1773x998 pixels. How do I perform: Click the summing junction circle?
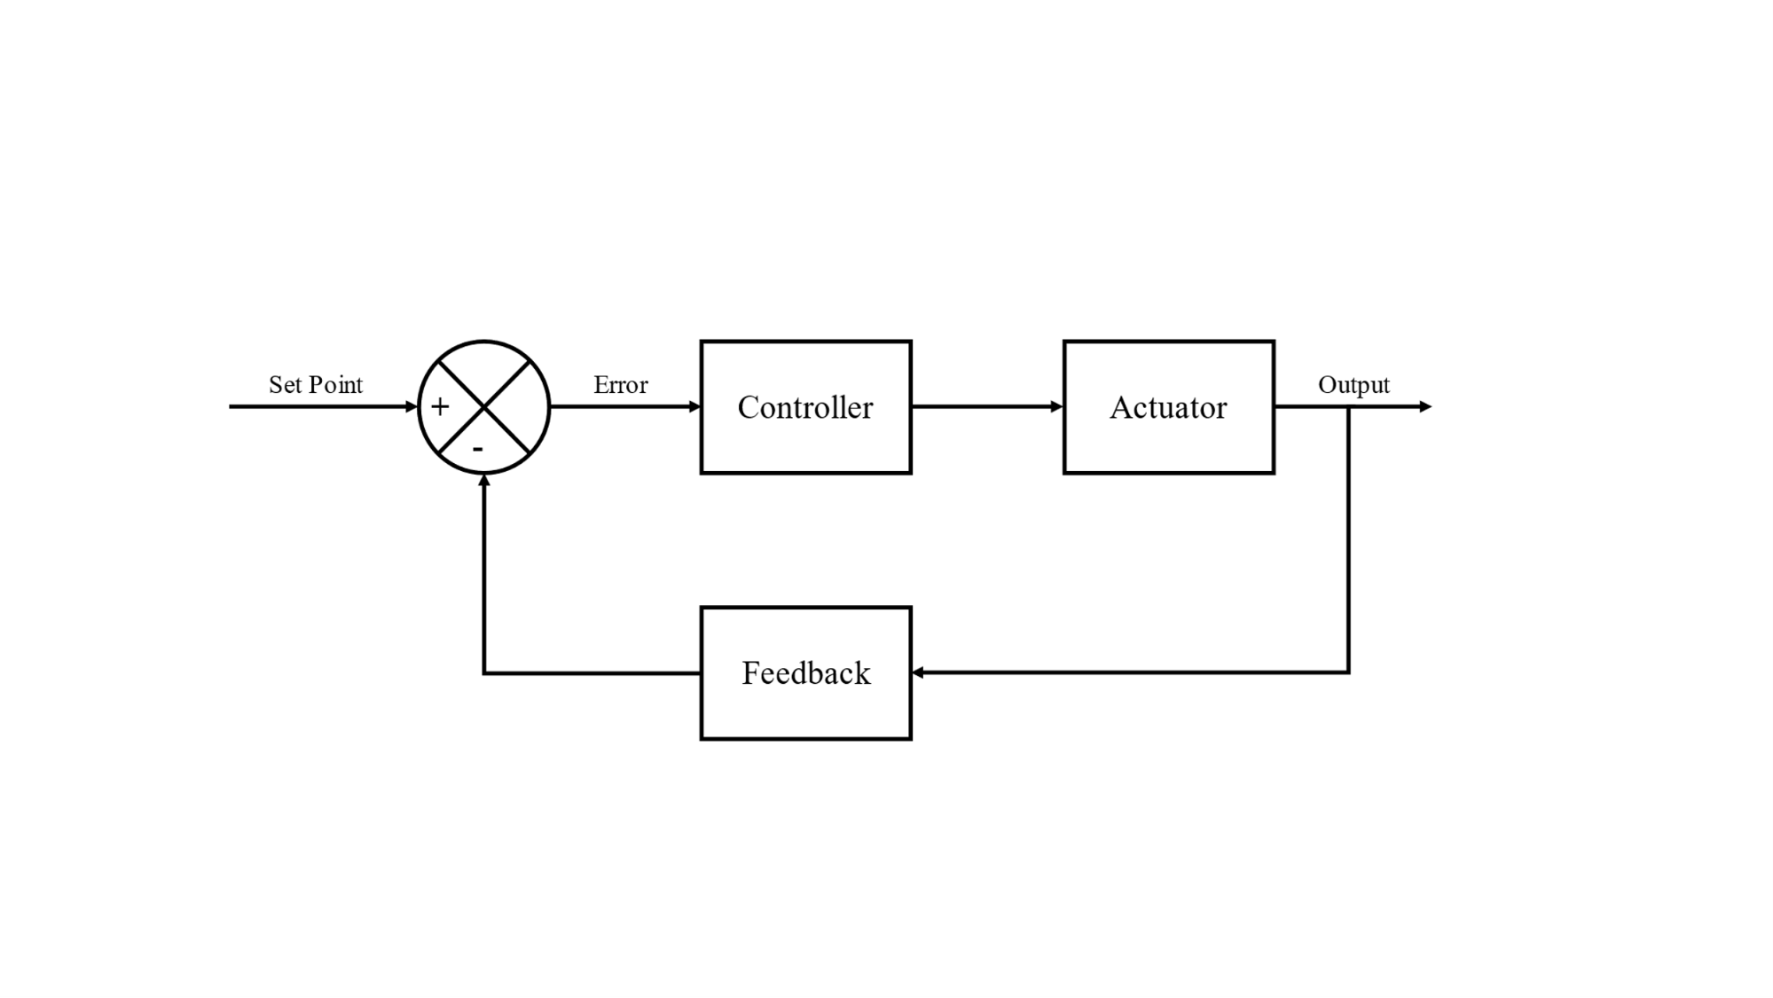click(x=484, y=407)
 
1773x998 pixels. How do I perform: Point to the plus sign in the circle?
click(x=440, y=407)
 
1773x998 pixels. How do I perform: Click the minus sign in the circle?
click(x=478, y=450)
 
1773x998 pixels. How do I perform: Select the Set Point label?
click(x=316, y=385)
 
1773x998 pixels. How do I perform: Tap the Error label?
click(x=621, y=385)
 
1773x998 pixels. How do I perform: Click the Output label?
click(x=1353, y=385)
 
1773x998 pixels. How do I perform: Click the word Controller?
click(x=805, y=407)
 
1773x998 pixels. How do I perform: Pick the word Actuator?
click(x=1168, y=407)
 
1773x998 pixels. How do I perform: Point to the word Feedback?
click(x=805, y=673)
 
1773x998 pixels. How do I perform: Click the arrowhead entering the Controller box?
click(x=694, y=407)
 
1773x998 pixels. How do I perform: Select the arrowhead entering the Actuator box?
click(x=1056, y=407)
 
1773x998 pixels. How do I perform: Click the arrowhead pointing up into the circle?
click(x=484, y=481)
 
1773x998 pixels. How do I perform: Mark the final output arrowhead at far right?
click(x=1425, y=407)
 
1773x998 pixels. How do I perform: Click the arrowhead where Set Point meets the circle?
click(x=412, y=407)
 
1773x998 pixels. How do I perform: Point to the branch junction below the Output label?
click(x=1349, y=408)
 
